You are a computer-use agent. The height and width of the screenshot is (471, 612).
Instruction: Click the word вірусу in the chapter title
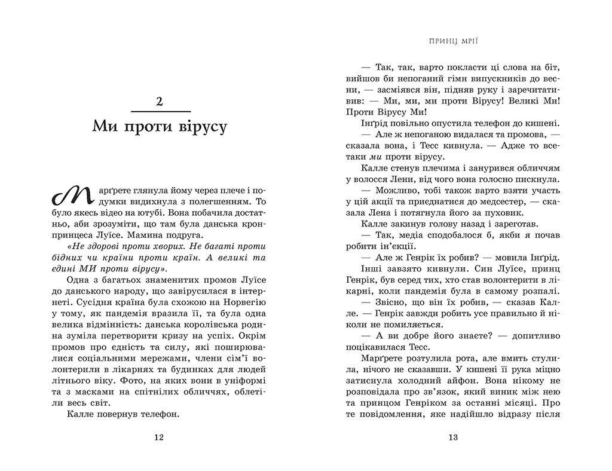pyautogui.click(x=198, y=127)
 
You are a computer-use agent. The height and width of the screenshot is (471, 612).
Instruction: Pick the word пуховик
pyautogui.click(x=506, y=211)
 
